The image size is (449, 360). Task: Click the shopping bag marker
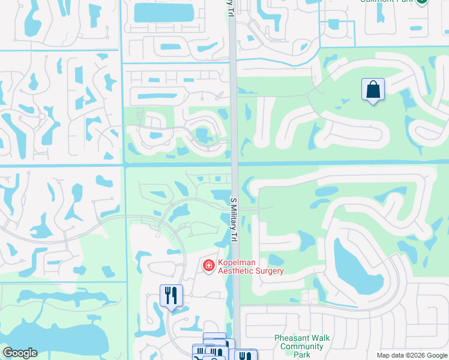pyautogui.click(x=373, y=90)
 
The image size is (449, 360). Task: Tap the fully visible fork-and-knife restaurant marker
pyautogui.click(x=171, y=296)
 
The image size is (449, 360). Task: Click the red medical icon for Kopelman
pyautogui.click(x=209, y=265)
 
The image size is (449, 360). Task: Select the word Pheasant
pyautogui.click(x=294, y=338)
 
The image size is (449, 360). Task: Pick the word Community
pyautogui.click(x=302, y=346)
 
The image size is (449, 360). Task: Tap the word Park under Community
pyautogui.click(x=302, y=354)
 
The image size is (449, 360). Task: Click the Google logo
pyautogui.click(x=20, y=353)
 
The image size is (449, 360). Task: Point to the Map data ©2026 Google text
pyautogui.click(x=412, y=355)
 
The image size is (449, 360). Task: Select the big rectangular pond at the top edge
pyautogui.click(x=164, y=12)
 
